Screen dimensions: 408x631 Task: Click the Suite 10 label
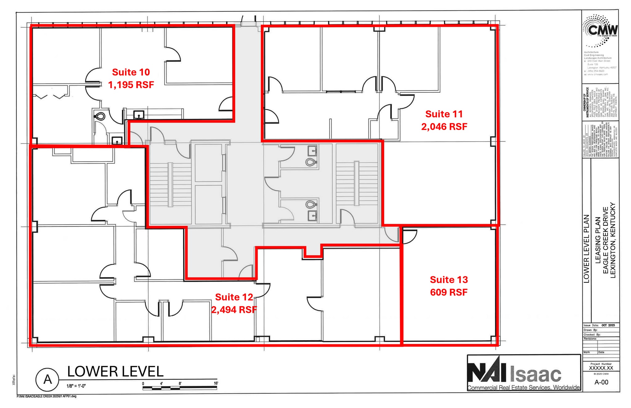click(x=131, y=72)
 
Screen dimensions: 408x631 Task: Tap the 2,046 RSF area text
click(x=444, y=127)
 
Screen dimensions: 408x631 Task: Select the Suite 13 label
click(x=449, y=280)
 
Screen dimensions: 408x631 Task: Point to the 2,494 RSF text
click(x=234, y=309)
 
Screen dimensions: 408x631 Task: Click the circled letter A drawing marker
click(x=47, y=379)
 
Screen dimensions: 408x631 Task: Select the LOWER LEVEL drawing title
click(x=115, y=371)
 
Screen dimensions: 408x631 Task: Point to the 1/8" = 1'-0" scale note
click(x=76, y=386)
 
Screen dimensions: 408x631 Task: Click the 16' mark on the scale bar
click(x=216, y=383)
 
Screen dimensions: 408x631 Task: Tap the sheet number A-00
click(x=601, y=382)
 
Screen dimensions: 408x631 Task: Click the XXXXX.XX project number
click(x=601, y=368)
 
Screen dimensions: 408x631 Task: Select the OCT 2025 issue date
click(x=608, y=325)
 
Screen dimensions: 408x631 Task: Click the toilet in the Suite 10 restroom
click(x=100, y=116)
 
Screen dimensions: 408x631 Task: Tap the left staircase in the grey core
click(x=170, y=184)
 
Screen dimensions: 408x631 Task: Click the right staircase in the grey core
click(x=356, y=183)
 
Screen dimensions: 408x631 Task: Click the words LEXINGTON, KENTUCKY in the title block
click(x=613, y=240)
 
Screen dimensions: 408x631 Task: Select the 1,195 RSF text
click(x=131, y=85)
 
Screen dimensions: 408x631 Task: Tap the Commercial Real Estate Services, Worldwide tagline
click(x=523, y=387)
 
